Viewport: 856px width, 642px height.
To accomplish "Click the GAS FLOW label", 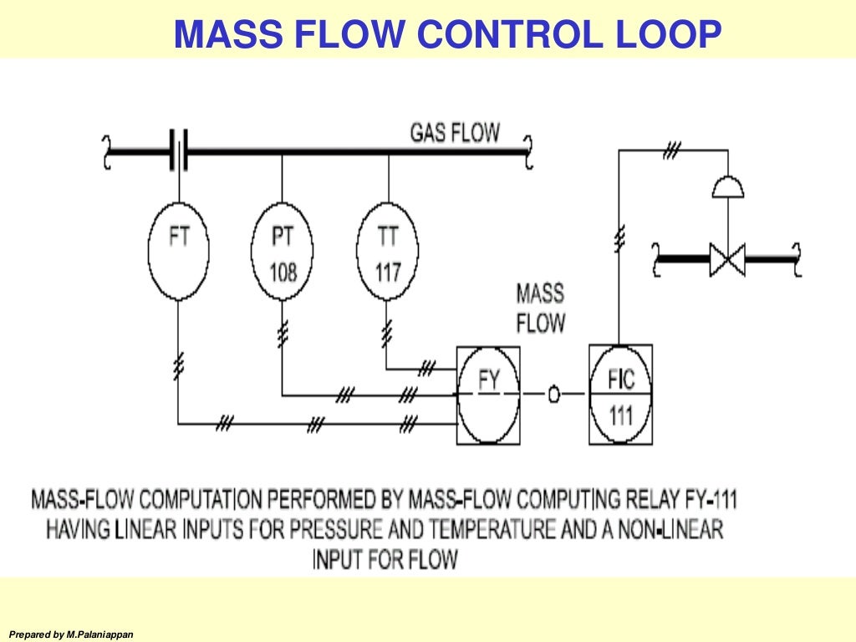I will point(455,132).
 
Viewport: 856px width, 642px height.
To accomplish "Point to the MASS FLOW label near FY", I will point(540,308).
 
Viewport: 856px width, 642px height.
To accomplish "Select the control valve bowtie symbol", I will point(726,259).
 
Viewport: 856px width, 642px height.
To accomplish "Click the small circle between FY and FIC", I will point(553,395).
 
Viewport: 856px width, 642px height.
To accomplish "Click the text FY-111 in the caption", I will point(708,501).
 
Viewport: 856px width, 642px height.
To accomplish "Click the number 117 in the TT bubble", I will point(388,272).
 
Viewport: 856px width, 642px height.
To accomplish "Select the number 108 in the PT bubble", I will point(283,272).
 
